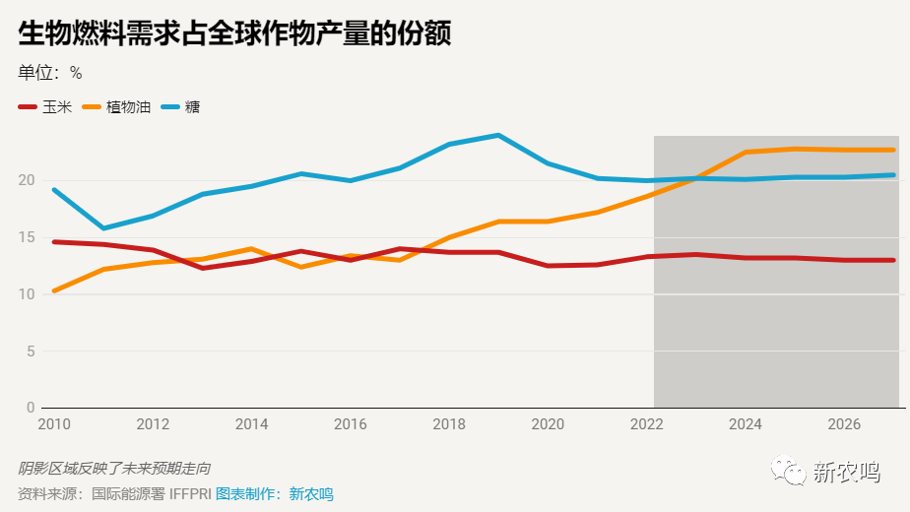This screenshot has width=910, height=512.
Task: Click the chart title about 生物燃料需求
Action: [234, 33]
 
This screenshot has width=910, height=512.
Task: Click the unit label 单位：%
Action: [50, 73]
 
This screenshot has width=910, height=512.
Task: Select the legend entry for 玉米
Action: [45, 106]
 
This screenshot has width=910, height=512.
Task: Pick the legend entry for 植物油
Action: [117, 106]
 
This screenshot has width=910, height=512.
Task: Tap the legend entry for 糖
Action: [180, 106]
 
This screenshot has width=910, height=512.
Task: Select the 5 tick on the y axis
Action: [30, 351]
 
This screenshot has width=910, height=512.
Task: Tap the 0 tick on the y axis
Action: [30, 407]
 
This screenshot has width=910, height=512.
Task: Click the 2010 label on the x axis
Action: [54, 424]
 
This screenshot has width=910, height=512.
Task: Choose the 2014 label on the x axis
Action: [251, 424]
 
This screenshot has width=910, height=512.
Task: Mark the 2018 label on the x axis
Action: [449, 424]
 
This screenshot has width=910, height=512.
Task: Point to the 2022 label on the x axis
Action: [646, 424]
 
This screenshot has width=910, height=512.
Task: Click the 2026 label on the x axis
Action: [844, 424]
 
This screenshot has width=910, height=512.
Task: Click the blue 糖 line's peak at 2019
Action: [498, 135]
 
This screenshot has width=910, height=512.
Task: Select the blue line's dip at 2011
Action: [103, 228]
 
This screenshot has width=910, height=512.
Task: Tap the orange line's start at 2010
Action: [54, 290]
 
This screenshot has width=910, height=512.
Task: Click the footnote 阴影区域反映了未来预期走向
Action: [114, 469]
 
